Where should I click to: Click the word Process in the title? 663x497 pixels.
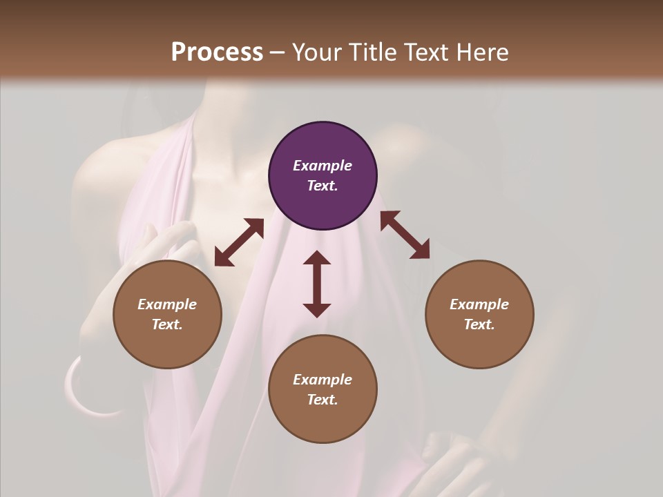tap(217, 52)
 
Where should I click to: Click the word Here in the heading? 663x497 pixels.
tap(481, 52)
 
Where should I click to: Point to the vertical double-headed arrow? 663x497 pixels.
tap(317, 284)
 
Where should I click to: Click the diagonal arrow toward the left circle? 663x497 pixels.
tap(239, 242)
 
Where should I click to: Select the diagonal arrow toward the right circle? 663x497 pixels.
tap(405, 235)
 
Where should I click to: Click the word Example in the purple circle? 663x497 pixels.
tap(323, 166)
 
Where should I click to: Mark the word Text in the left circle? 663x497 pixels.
tap(167, 324)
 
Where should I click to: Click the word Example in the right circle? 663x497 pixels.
tap(479, 304)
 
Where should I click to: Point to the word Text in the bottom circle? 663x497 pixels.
tap(323, 400)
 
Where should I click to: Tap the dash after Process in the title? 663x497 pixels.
tap(277, 52)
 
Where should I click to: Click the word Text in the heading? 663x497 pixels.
tap(423, 52)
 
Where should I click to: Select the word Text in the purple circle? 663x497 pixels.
tap(323, 186)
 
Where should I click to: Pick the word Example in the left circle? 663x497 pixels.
tap(167, 304)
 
